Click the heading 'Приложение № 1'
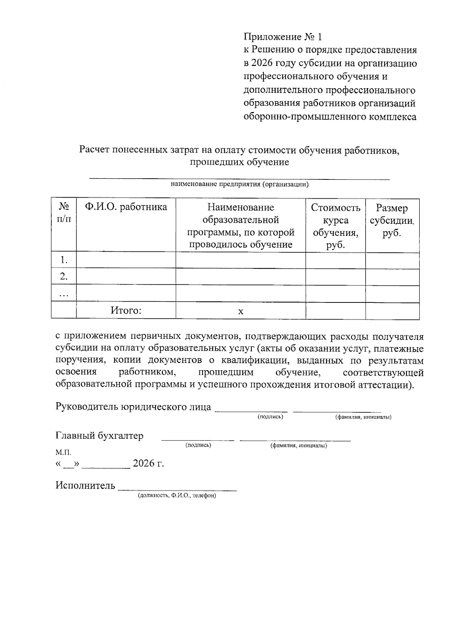click(x=282, y=37)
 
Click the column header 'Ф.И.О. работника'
click(x=126, y=207)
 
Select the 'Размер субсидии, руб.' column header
click(x=392, y=220)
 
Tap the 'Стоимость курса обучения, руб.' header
click(x=335, y=226)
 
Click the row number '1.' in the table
click(x=64, y=260)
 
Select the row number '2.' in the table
click(x=64, y=277)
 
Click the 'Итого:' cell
click(x=126, y=310)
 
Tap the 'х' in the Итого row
click(x=240, y=311)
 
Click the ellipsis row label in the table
click(x=64, y=294)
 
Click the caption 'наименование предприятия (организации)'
click(x=239, y=185)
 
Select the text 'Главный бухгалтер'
click(x=99, y=436)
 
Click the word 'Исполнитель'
click(x=85, y=485)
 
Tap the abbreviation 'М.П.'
click(x=63, y=452)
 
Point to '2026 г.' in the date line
click(x=148, y=463)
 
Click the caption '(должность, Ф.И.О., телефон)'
click(x=177, y=496)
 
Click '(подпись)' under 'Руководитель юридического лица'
click(x=270, y=417)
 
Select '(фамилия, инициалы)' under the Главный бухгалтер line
click(x=298, y=446)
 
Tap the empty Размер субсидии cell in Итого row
click(x=392, y=310)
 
